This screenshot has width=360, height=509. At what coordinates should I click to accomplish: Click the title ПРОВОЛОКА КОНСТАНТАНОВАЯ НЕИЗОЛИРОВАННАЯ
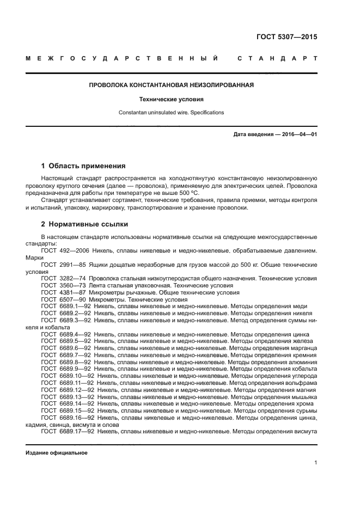(x=172, y=85)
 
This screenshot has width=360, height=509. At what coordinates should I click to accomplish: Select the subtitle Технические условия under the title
(x=172, y=100)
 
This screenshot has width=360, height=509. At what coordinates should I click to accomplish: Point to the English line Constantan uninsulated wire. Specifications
(x=172, y=113)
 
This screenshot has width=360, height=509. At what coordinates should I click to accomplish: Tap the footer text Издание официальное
(x=57, y=453)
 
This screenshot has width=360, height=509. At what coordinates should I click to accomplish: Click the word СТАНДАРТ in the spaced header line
(x=277, y=58)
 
